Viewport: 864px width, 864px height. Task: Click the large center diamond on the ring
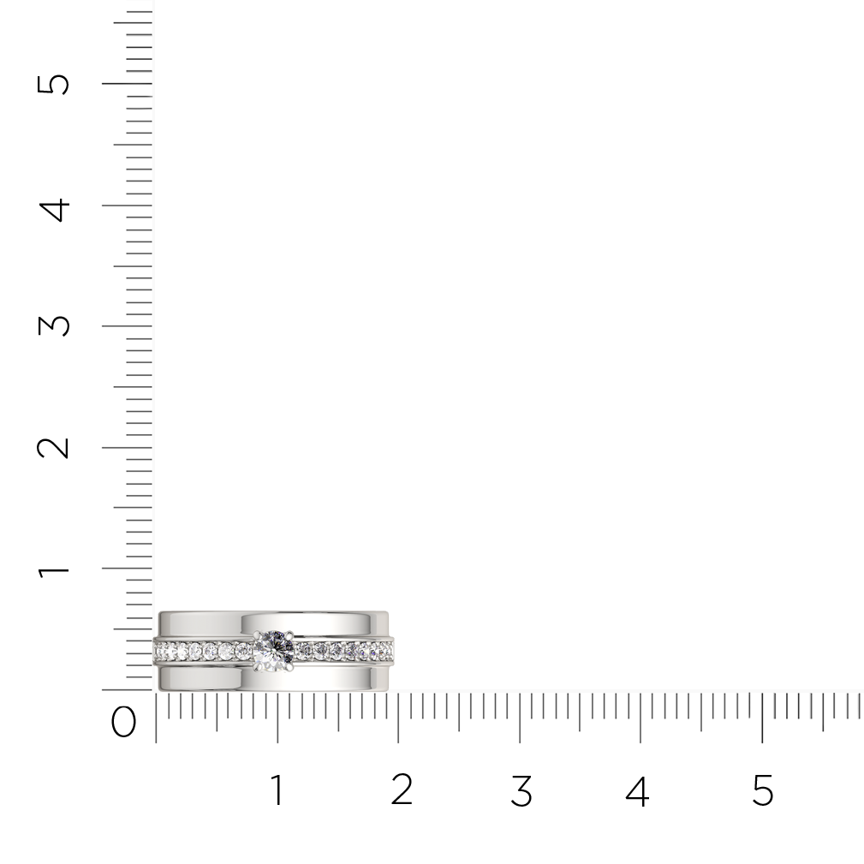point(273,651)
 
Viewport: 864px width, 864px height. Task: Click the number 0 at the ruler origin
point(123,722)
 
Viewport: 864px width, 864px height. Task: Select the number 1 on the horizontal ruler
point(277,790)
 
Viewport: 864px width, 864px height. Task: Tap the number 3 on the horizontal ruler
point(521,790)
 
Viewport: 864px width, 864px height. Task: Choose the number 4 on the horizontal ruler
point(638,790)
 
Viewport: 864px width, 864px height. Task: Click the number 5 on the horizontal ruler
point(763,790)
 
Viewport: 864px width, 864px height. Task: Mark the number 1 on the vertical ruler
point(53,571)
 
